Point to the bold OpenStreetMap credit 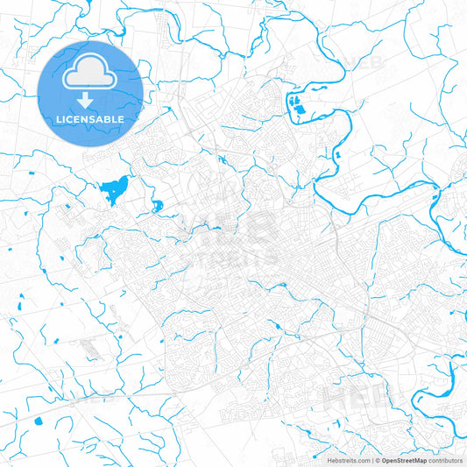click(402, 460)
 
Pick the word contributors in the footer click(445, 460)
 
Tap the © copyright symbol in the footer click(374, 460)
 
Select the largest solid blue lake click(114, 188)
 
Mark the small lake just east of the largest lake click(157, 208)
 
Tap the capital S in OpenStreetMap click(399, 460)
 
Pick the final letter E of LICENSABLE click(121, 119)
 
